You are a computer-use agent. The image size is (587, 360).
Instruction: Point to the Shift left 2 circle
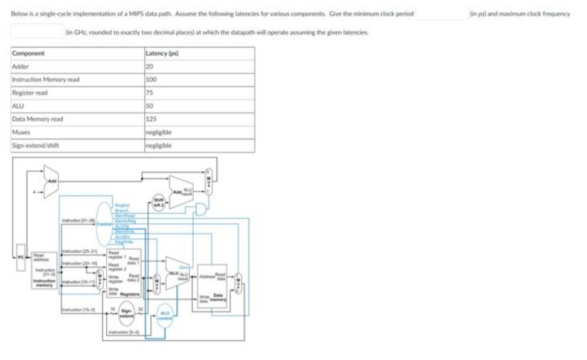[159, 201]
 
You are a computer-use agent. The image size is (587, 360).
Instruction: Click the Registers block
[124, 274]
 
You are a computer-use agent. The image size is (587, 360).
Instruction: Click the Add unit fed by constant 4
[51, 182]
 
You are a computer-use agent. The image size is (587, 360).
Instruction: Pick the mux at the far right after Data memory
[238, 280]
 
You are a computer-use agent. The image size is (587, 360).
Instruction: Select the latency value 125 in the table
[151, 119]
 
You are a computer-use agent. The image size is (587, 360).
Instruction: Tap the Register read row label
[29, 93]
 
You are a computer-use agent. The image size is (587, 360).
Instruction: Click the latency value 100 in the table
[151, 80]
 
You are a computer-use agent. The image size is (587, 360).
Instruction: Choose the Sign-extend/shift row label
[35, 145]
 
